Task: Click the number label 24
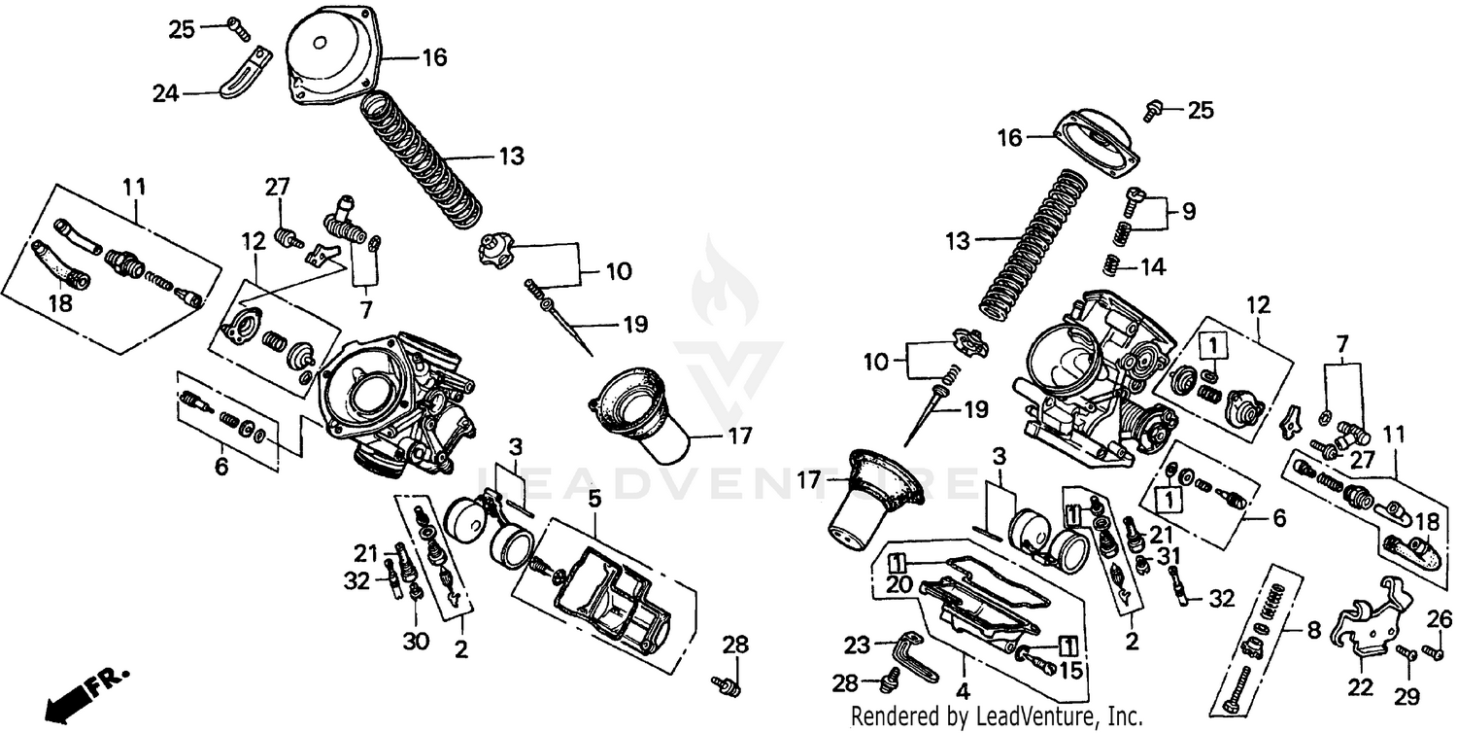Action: (x=166, y=93)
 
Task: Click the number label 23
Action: (x=856, y=645)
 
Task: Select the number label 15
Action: (x=1070, y=670)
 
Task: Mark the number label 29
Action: (x=1407, y=696)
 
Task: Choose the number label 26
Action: (x=1440, y=618)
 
